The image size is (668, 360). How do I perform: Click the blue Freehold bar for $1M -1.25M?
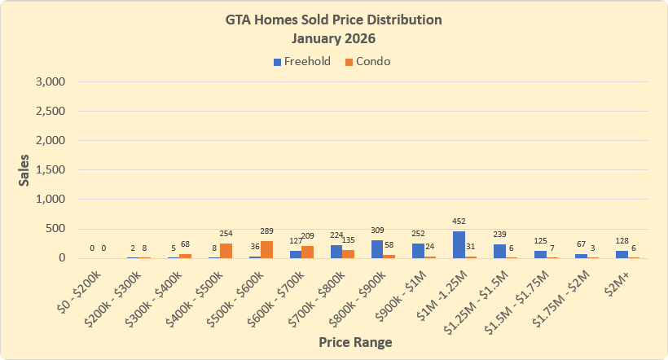pyautogui.click(x=459, y=244)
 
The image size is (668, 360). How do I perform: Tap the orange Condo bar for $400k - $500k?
pyautogui.click(x=226, y=250)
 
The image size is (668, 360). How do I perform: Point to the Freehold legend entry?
pyautogui.click(x=302, y=62)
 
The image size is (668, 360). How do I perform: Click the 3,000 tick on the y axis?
pyautogui.click(x=50, y=82)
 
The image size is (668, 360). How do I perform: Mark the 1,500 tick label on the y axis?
pyautogui.click(x=50, y=170)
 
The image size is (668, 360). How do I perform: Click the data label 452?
pyautogui.click(x=459, y=222)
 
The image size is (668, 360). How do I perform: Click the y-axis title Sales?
pyautogui.click(x=24, y=170)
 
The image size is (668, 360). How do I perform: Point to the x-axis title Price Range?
pyautogui.click(x=354, y=343)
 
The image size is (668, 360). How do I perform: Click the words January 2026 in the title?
pyautogui.click(x=334, y=37)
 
